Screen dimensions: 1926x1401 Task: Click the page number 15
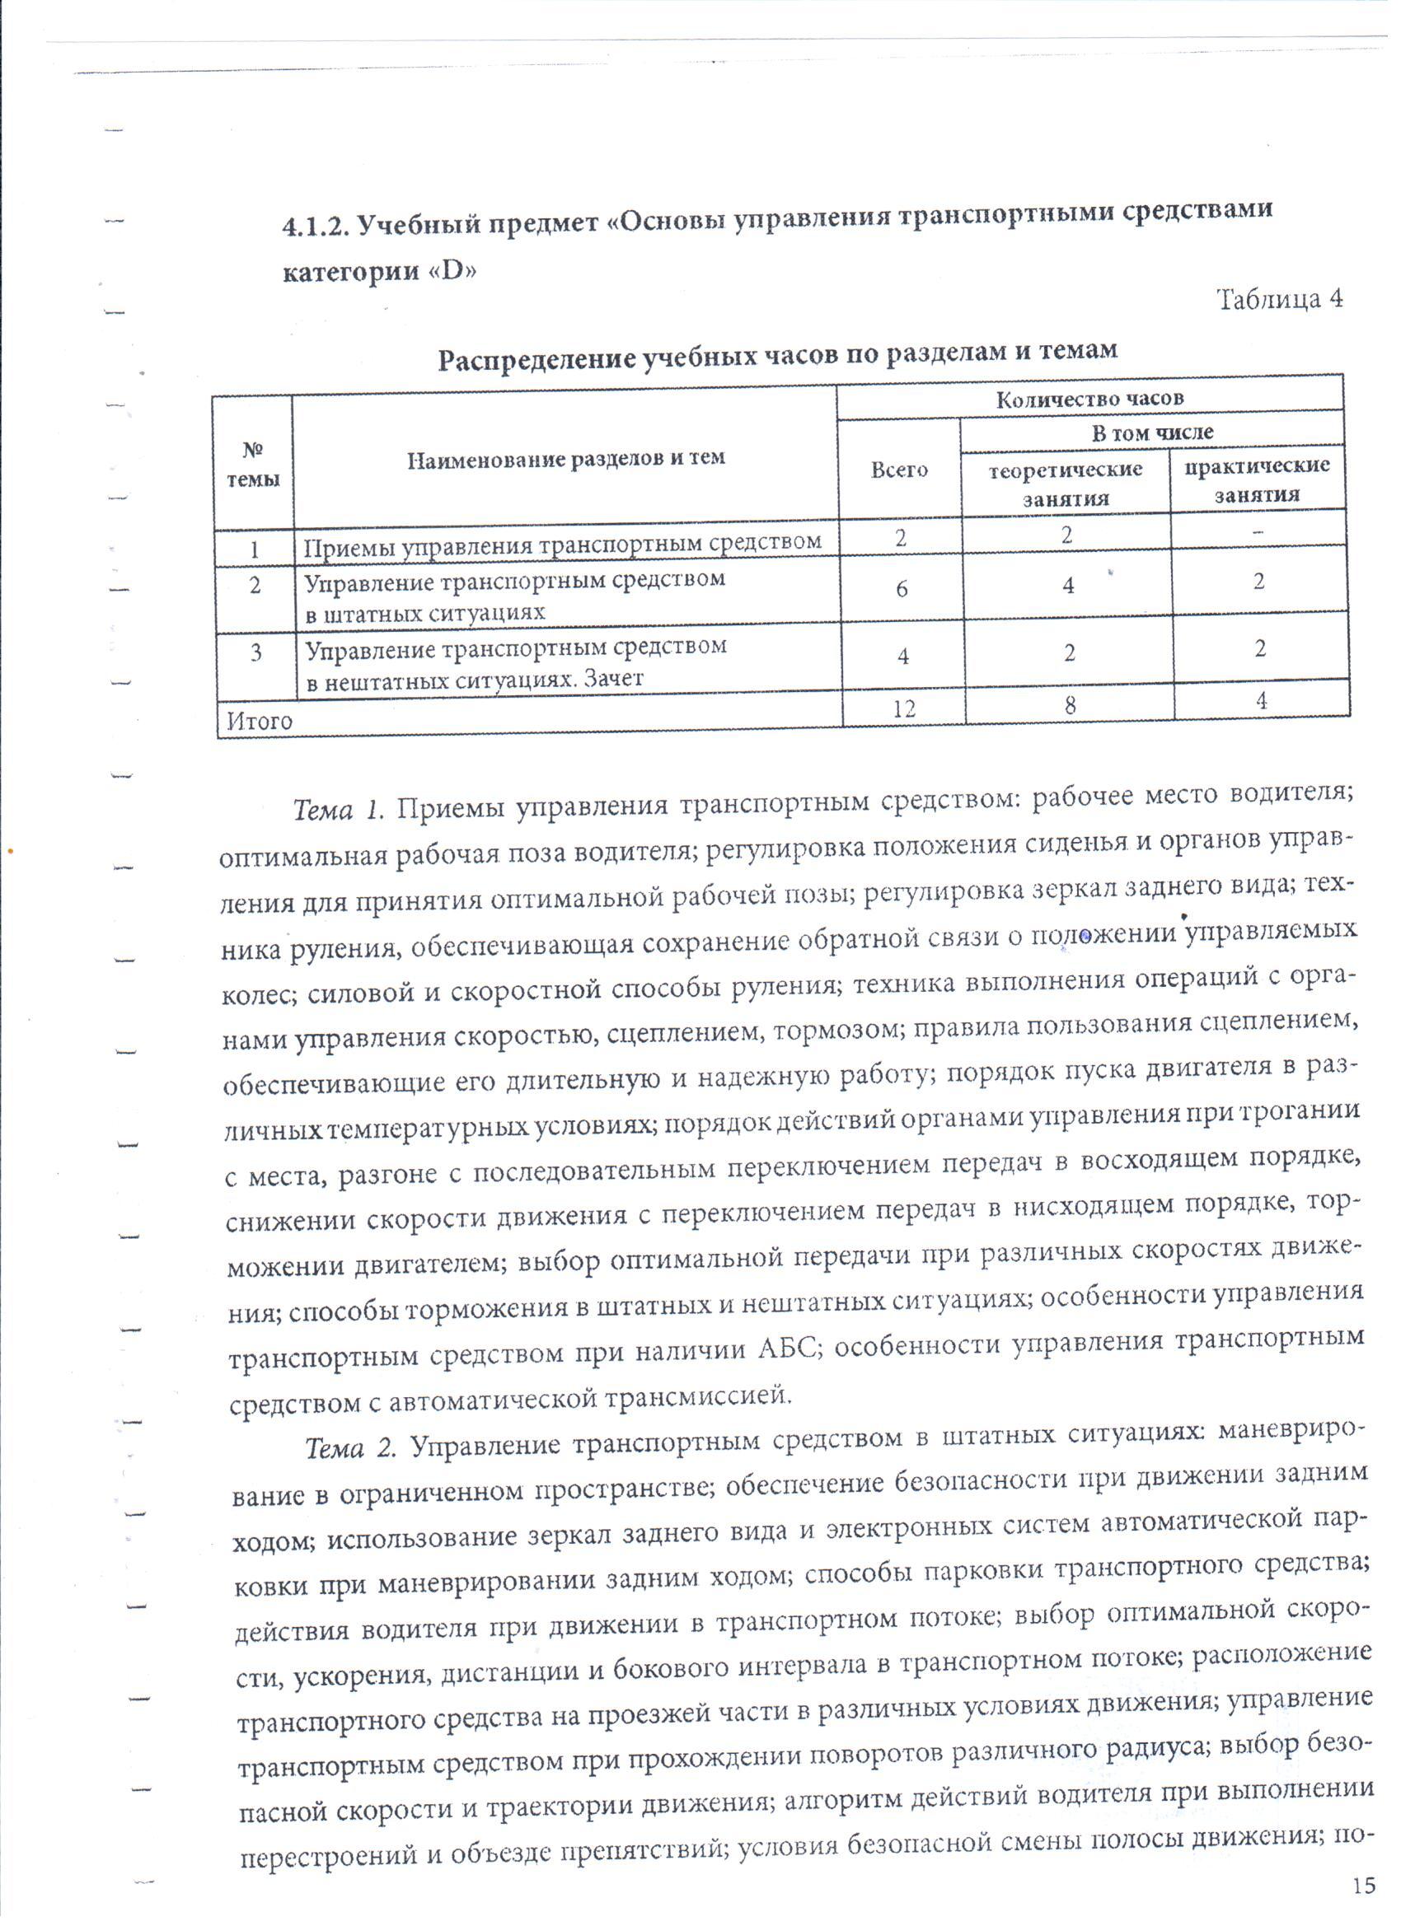click(1362, 1886)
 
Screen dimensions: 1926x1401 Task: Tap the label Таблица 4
click(1280, 299)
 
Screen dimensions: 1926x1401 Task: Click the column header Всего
click(899, 470)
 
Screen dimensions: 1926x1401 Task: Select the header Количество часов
click(1089, 398)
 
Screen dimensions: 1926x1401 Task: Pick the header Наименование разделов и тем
click(565, 460)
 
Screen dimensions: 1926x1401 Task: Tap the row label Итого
click(259, 721)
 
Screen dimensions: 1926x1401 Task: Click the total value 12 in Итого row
click(904, 708)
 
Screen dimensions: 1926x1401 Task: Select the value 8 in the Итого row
click(1071, 705)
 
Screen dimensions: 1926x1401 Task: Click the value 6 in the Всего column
click(902, 587)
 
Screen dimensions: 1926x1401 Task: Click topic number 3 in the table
click(255, 653)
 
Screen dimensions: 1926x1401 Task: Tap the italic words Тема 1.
click(339, 810)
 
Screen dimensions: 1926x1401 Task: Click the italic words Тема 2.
click(351, 1448)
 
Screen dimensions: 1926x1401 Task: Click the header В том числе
click(1152, 432)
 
